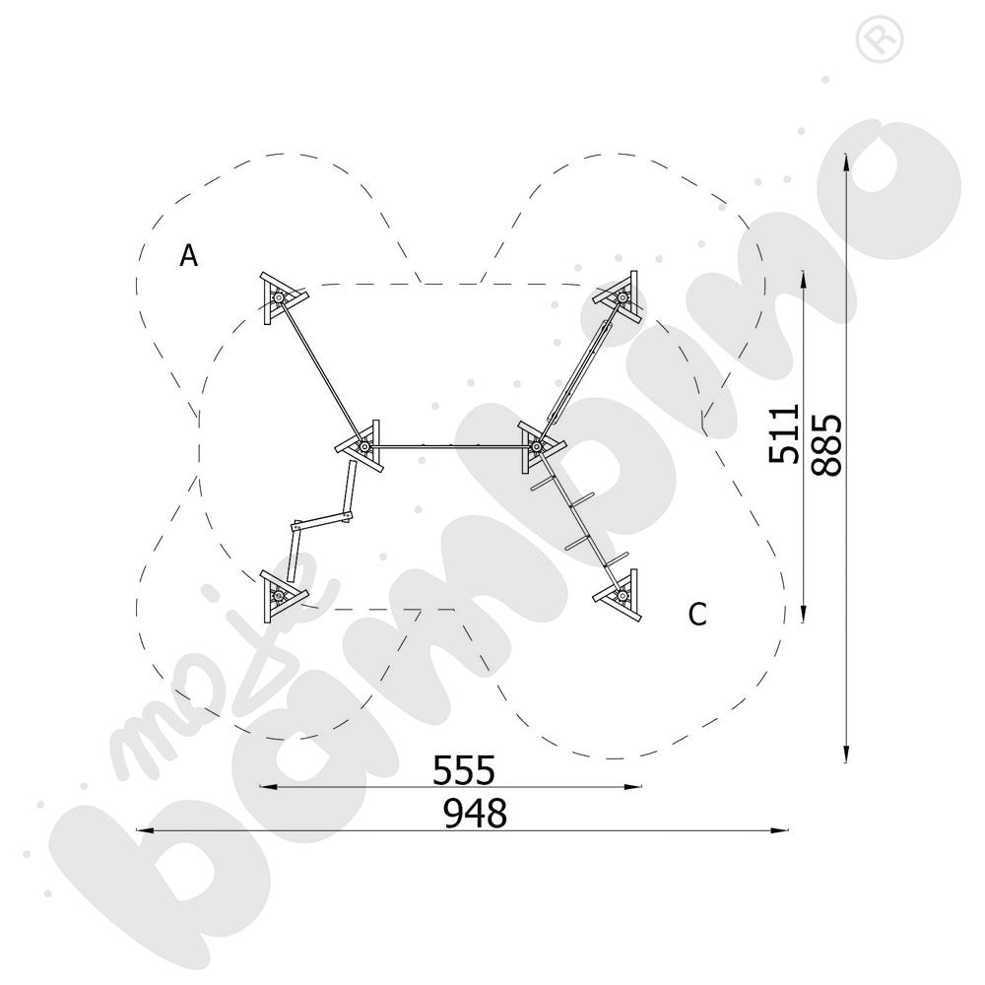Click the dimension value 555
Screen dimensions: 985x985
coord(464,770)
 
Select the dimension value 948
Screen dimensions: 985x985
coord(475,815)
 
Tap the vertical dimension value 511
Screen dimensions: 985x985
coord(784,434)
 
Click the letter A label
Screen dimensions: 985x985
coord(188,256)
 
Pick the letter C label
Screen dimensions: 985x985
coord(697,614)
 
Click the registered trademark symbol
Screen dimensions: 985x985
coord(880,39)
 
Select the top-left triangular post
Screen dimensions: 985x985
coord(282,297)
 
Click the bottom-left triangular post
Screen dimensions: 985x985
coord(282,594)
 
